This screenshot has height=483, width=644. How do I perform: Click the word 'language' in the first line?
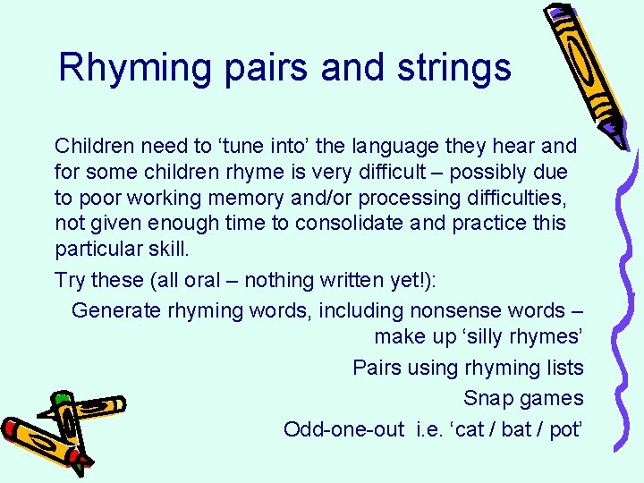pyautogui.click(x=391, y=145)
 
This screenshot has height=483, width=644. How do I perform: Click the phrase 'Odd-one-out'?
pyautogui.click(x=343, y=429)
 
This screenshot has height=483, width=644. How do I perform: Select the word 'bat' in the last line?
pyautogui.click(x=516, y=429)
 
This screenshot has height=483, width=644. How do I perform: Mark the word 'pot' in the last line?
pyautogui.click(x=564, y=429)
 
